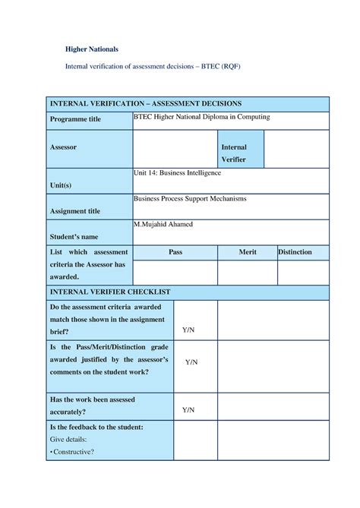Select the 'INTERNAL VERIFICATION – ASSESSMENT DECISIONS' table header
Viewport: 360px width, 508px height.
click(145, 103)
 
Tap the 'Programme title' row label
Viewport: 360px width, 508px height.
click(75, 120)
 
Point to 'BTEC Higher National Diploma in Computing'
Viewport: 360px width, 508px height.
click(201, 118)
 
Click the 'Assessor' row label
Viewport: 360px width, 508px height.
click(63, 147)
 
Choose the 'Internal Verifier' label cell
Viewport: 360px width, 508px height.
click(234, 153)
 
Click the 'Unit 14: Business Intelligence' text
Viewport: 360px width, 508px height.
click(177, 173)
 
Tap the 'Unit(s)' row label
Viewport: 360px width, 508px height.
click(61, 185)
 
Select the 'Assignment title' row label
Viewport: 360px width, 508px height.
click(74, 211)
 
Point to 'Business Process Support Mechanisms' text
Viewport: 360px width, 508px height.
click(190, 199)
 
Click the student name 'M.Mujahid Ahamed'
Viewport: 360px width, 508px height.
click(163, 225)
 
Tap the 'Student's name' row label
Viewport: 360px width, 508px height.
click(74, 236)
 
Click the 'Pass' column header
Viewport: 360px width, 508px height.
click(175, 252)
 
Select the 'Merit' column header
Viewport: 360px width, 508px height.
click(247, 252)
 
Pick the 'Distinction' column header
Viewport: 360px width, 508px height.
click(295, 252)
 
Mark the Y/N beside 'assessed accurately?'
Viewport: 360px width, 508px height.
click(188, 410)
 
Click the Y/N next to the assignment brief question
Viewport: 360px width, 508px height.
click(188, 330)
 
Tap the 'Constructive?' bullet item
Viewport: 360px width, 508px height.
click(73, 452)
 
